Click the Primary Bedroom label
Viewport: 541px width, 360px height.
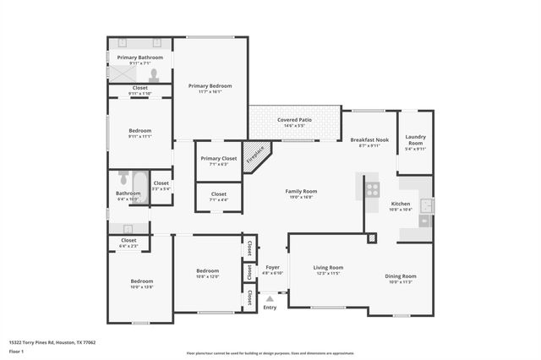[x=210, y=86]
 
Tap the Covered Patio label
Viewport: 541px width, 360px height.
[x=294, y=120]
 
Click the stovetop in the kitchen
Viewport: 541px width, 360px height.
[x=372, y=189]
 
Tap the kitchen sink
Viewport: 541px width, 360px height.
[x=426, y=205]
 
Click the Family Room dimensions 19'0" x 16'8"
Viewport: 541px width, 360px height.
[x=300, y=198]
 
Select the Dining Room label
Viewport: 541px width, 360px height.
[x=402, y=276]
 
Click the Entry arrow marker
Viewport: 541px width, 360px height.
[x=270, y=298]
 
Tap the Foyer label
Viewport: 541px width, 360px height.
[x=271, y=267]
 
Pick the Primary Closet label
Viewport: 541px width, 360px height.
[x=218, y=158]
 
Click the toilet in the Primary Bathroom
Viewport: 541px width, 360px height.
[x=154, y=74]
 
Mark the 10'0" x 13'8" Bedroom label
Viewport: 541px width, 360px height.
[x=141, y=281]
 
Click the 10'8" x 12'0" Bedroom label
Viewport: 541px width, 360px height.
[x=207, y=272]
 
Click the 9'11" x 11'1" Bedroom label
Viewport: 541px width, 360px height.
[x=139, y=131]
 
